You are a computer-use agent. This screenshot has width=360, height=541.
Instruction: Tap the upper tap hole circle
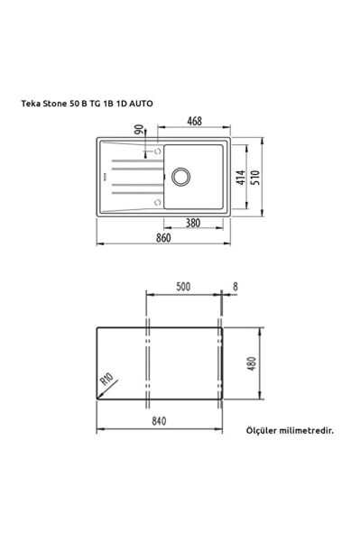pyautogui.click(x=162, y=151)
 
